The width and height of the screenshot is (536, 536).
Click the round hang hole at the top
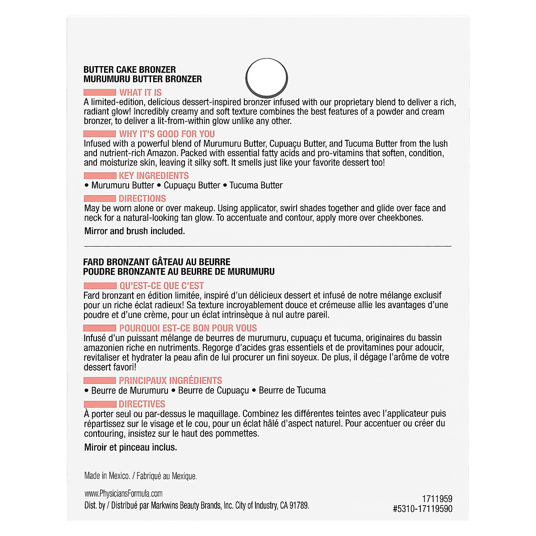point(267,78)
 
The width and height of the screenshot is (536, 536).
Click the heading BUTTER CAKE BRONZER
point(130,70)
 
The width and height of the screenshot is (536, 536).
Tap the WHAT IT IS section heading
point(140,92)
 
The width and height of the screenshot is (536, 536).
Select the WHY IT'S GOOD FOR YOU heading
point(167,134)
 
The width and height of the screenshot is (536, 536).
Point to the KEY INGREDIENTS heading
point(154,176)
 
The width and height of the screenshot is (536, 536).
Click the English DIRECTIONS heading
point(142,199)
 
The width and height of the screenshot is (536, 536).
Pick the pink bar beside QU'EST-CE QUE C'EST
point(100,286)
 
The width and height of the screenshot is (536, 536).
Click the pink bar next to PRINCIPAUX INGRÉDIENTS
point(100,381)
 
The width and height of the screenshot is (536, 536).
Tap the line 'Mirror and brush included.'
point(134,231)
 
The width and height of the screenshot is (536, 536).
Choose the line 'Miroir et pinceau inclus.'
point(130,448)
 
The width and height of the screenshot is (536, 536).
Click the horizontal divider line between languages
point(268,246)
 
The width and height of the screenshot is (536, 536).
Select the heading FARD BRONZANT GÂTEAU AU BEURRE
point(157,262)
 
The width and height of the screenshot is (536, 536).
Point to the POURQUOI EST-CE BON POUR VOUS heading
point(188,328)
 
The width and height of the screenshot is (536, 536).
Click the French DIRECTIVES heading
point(142,404)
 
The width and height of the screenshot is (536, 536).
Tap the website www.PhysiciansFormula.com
point(123,494)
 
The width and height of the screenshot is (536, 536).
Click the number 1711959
point(437,499)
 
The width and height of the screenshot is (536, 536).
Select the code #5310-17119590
point(423,509)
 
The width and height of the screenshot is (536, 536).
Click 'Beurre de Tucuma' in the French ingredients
point(292,390)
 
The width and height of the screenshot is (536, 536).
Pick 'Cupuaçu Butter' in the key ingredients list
point(192,185)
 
